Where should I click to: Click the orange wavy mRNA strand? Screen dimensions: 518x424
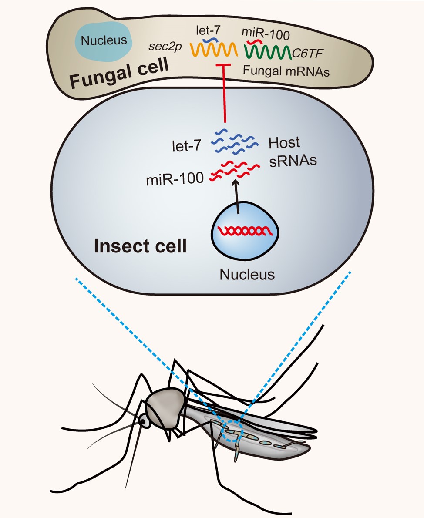[214, 50]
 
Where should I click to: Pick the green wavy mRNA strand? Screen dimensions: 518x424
[267, 52]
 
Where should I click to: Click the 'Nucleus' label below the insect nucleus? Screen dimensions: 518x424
[247, 275]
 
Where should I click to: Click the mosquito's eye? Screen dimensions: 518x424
[142, 421]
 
